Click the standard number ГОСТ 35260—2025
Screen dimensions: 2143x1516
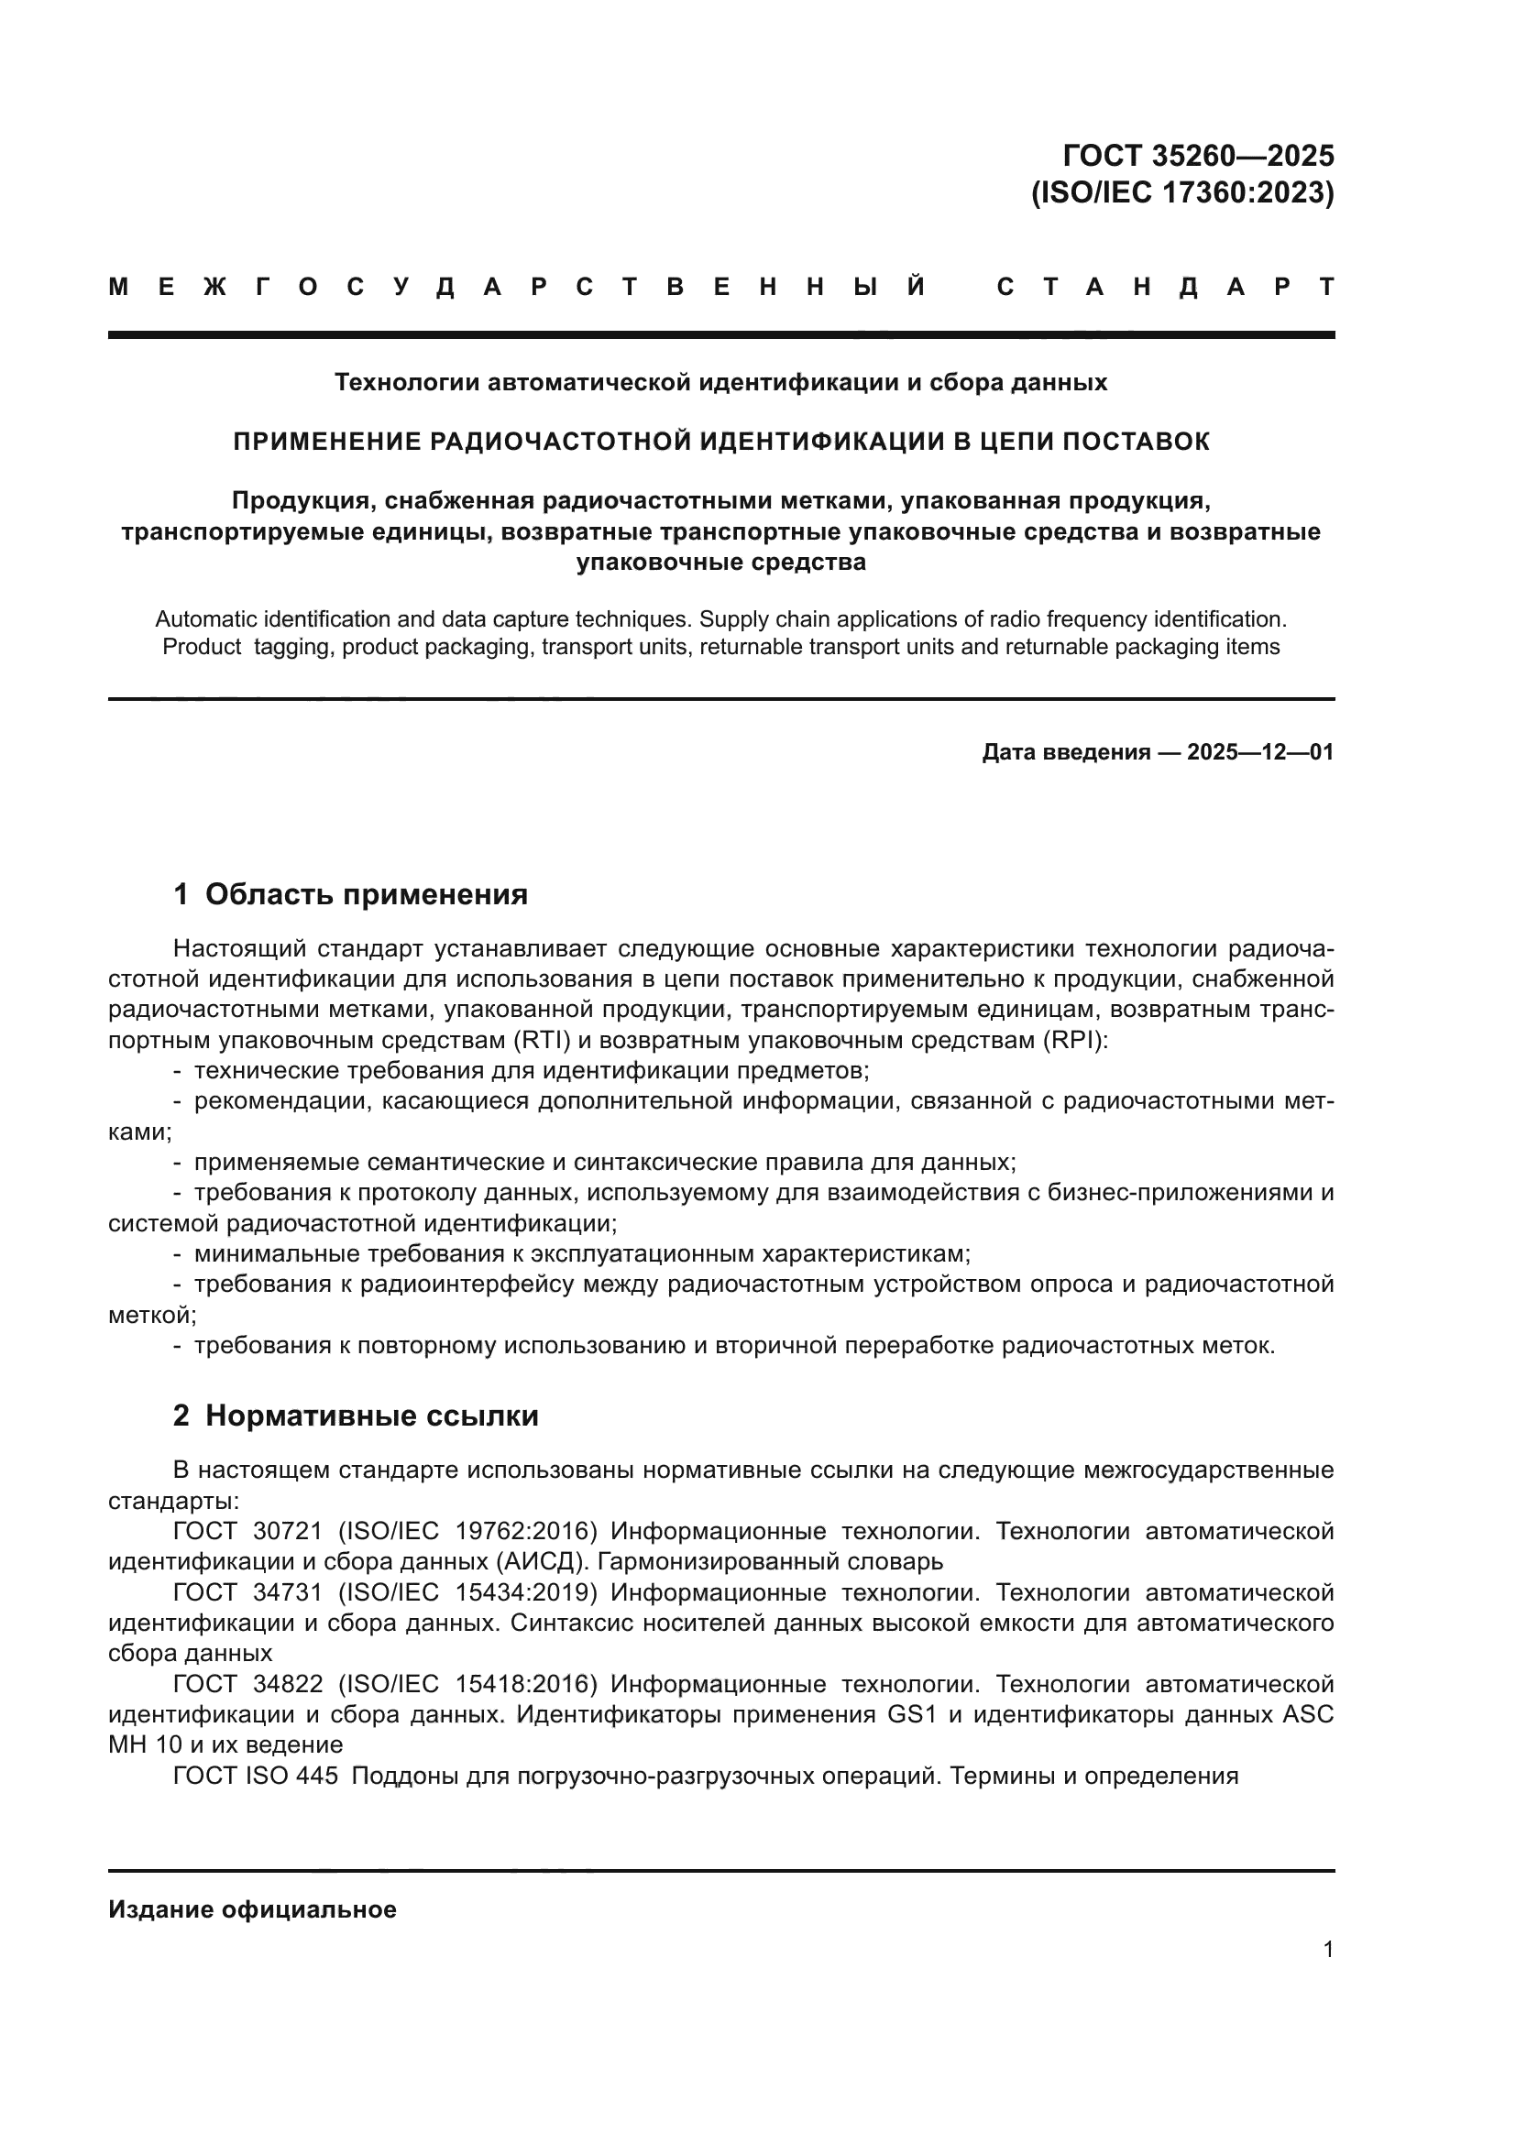tap(1199, 156)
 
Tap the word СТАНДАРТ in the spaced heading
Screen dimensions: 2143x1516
tap(1165, 288)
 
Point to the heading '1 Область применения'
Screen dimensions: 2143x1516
tap(350, 894)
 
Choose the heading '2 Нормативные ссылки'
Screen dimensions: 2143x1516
tap(356, 1416)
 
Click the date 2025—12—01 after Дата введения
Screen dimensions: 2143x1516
tap(1260, 752)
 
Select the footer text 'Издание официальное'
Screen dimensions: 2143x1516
tap(252, 1909)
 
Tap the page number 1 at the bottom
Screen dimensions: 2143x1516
tap(1328, 1949)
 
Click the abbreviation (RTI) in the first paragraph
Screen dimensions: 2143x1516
tap(539, 1041)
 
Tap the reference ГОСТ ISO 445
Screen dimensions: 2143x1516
tap(255, 1777)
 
